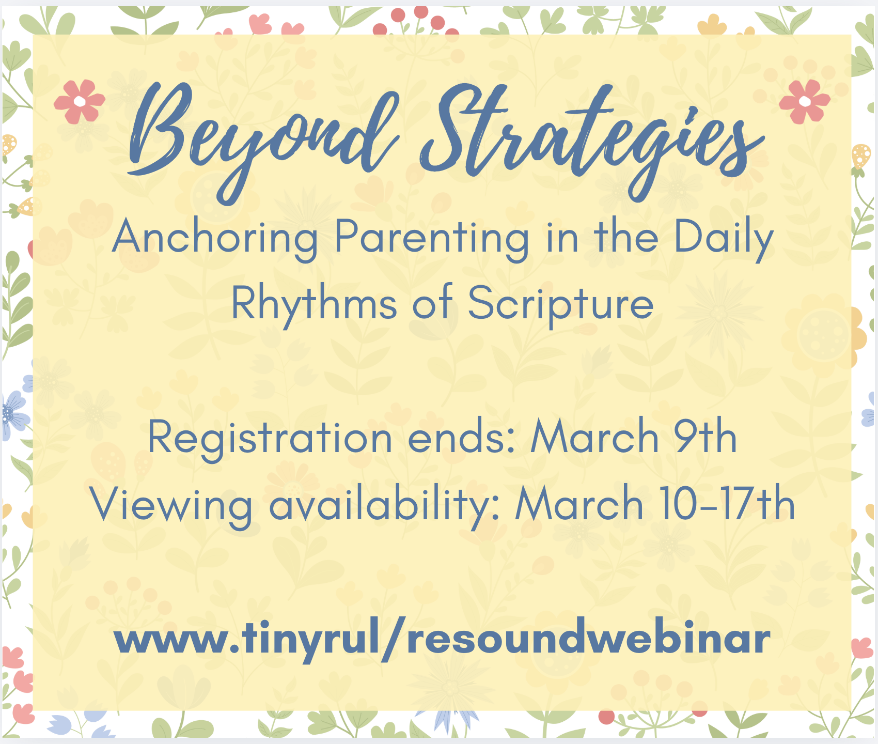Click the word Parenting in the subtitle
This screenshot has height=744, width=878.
point(432,238)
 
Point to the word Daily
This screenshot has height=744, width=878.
point(723,238)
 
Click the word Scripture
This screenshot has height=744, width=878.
point(560,304)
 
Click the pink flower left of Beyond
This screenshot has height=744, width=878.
point(79,101)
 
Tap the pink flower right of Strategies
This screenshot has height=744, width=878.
point(804,101)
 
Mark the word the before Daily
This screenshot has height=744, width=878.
point(626,238)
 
